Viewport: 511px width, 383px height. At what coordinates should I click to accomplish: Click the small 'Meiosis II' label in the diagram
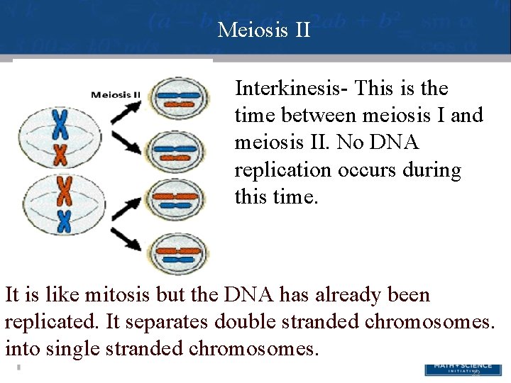[x=116, y=94]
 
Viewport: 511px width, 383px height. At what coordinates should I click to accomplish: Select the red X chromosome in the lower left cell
[x=65, y=191]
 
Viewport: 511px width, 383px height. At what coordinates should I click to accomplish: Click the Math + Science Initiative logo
[x=457, y=369]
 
